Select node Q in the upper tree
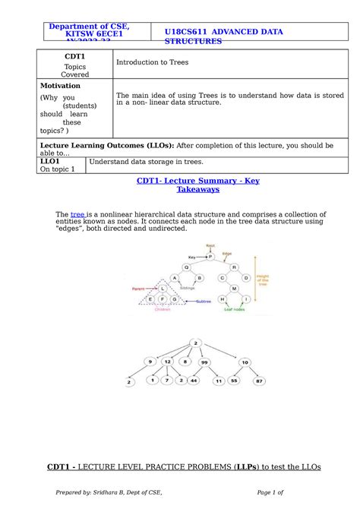coord(185,267)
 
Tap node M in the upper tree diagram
coord(234,289)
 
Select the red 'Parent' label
coord(139,289)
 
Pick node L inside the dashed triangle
coord(163,289)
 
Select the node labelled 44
coord(194,379)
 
